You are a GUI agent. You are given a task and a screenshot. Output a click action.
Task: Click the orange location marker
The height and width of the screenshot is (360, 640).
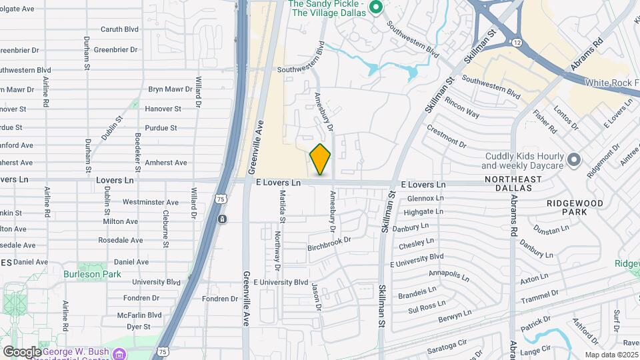coord(320,159)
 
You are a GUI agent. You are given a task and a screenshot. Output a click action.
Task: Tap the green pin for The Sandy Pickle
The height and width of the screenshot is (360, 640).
coord(375,8)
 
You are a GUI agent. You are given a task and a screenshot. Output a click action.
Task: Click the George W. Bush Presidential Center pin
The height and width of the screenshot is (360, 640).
coord(119,353)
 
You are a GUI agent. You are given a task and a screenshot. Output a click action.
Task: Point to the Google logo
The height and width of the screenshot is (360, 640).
coord(22,351)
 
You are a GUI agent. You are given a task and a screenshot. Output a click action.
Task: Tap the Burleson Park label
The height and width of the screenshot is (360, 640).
coord(93,274)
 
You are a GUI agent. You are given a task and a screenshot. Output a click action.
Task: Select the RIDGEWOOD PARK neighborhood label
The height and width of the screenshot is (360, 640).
coord(575,207)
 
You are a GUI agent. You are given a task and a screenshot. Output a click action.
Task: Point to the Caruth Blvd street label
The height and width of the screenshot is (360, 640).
coord(119,29)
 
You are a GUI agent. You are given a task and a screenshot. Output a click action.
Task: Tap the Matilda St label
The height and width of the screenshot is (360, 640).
coord(283,206)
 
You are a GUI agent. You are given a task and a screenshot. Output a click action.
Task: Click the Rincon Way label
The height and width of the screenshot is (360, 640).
coord(462,109)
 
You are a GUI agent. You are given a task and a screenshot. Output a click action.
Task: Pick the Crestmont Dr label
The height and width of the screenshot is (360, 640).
coord(446,135)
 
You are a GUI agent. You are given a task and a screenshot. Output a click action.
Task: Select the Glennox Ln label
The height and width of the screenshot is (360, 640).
coord(425,198)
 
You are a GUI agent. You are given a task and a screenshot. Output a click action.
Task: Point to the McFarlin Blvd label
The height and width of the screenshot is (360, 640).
coord(139,315)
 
